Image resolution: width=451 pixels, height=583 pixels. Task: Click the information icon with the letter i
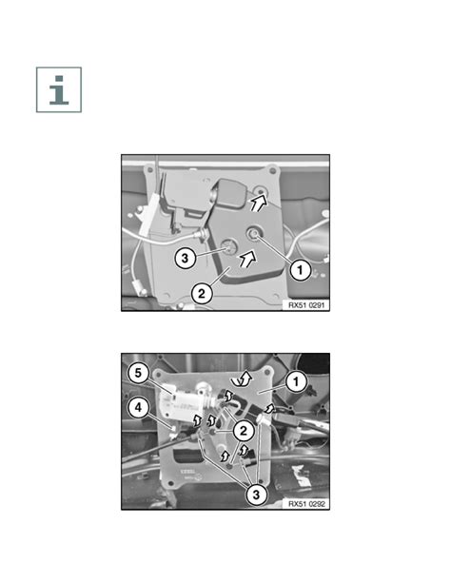[59, 89]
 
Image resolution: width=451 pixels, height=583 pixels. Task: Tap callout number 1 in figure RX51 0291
[301, 269]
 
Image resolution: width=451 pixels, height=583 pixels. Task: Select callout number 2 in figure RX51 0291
[202, 294]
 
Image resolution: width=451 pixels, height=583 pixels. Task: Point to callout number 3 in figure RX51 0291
[186, 258]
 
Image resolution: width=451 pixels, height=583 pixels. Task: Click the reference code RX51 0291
[306, 305]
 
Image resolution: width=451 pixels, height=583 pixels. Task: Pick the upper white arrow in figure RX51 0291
[259, 204]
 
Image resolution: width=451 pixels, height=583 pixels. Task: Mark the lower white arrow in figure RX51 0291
[247, 258]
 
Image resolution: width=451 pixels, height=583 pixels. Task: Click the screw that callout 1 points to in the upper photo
[254, 234]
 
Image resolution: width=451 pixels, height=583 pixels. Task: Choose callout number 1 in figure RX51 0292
[296, 381]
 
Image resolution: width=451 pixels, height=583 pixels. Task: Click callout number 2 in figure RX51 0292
[243, 431]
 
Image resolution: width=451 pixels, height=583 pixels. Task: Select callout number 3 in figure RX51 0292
[256, 495]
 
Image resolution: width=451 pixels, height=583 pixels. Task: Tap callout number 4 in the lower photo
[138, 408]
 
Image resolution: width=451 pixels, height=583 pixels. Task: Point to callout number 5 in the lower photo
[138, 373]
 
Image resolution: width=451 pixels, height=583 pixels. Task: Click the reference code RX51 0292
[306, 504]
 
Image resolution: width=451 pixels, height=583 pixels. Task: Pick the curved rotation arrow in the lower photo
[241, 379]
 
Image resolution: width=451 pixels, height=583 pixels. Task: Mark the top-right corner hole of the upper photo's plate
[273, 170]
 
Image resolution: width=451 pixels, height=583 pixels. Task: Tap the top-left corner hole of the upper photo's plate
[150, 169]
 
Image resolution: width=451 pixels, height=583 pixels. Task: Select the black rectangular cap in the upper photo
[230, 193]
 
